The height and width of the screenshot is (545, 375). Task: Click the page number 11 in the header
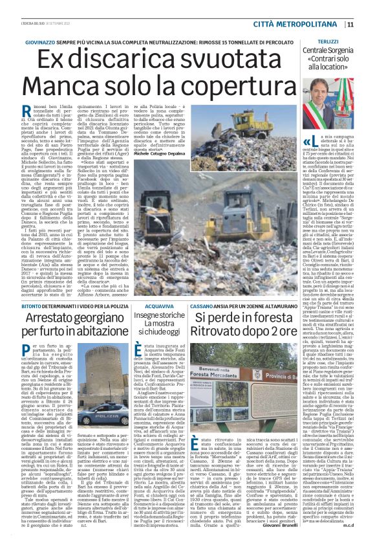[368, 25]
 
